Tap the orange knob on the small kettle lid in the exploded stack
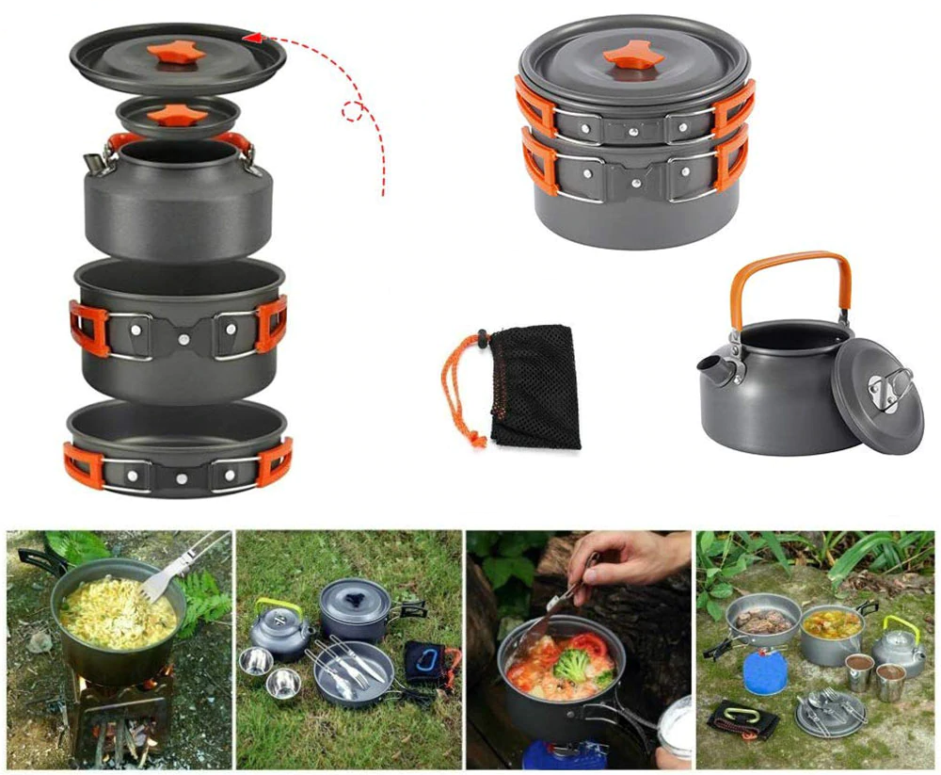click(x=177, y=115)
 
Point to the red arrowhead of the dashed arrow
click(x=251, y=37)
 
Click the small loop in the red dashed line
click(x=353, y=111)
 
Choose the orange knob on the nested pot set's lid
click(x=633, y=57)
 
